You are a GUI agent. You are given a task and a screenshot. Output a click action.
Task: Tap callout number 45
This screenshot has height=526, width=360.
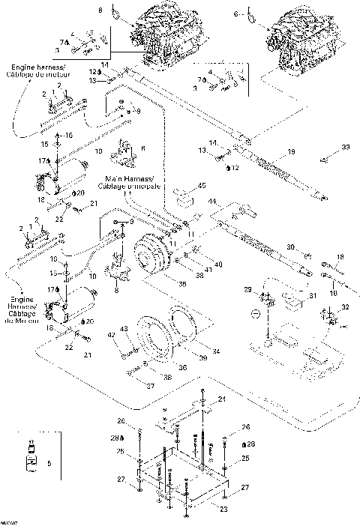click(202, 186)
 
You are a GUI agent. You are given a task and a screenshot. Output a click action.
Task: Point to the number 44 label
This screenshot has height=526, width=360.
click(213, 202)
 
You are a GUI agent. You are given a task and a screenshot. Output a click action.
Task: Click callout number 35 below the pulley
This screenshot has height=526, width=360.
click(181, 283)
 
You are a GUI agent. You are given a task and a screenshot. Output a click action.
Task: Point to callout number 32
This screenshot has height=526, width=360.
click(344, 307)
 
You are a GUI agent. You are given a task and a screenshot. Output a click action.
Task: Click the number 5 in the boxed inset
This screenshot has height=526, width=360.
click(50, 465)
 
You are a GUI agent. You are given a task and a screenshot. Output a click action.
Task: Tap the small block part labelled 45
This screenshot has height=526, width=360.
click(181, 197)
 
